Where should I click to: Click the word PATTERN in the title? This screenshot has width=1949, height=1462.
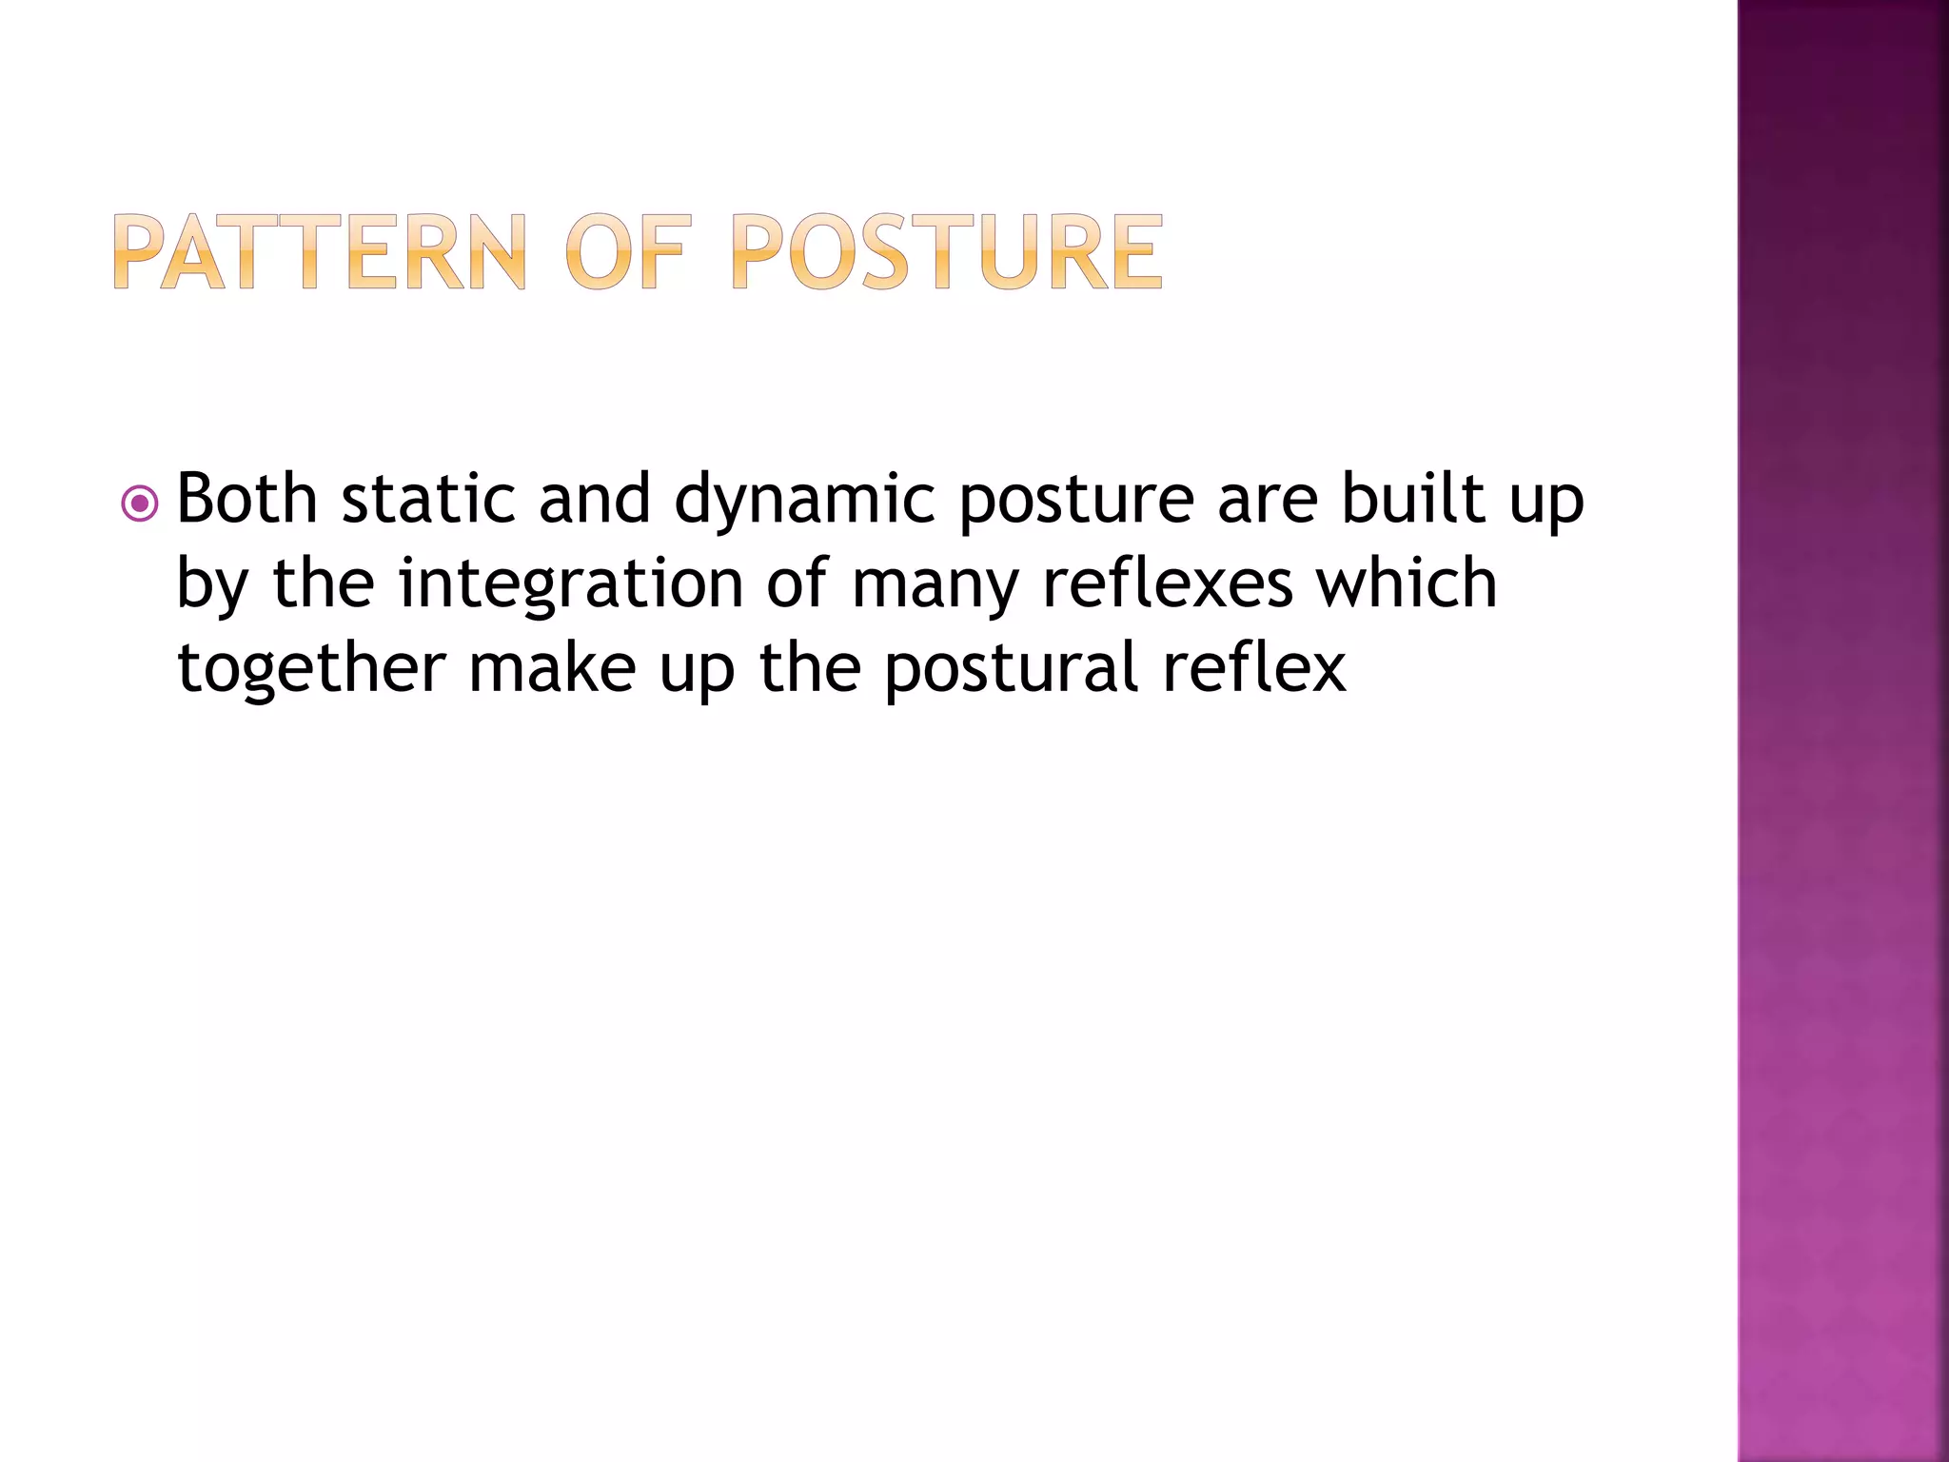pos(319,252)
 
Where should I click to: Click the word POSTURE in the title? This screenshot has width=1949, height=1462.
pos(947,252)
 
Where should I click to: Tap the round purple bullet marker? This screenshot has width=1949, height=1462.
pos(140,504)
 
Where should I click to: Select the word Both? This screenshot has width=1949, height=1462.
pos(246,499)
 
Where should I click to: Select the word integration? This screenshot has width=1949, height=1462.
pos(570,584)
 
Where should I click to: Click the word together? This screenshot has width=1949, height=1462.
pos(311,669)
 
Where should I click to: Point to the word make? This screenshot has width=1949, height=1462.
pos(552,667)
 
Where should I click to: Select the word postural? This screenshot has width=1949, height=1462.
pos(1011,669)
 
